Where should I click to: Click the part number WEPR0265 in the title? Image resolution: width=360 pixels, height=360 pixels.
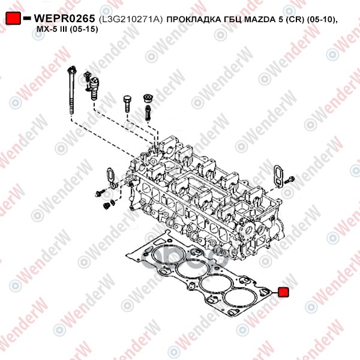click(x=64, y=19)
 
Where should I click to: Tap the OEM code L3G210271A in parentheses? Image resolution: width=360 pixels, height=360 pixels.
click(x=131, y=19)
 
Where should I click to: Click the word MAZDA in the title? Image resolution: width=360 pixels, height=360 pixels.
click(x=259, y=19)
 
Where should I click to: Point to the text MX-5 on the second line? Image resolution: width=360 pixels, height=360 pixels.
click(x=44, y=29)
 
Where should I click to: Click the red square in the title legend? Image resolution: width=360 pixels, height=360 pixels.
click(x=13, y=18)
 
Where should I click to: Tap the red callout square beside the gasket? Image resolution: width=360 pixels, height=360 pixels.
click(x=283, y=292)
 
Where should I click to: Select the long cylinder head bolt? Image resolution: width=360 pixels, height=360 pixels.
click(x=71, y=90)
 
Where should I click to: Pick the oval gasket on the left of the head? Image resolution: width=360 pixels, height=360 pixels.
click(x=110, y=178)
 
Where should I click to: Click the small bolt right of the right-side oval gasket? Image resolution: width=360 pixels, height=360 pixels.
click(x=290, y=180)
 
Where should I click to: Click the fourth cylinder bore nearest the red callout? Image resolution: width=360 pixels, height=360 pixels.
click(x=241, y=299)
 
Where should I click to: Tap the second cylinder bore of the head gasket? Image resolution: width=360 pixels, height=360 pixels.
click(x=193, y=270)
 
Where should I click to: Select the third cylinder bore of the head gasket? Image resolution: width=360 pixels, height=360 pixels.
click(x=217, y=284)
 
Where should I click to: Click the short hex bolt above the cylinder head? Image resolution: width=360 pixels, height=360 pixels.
click(x=127, y=103)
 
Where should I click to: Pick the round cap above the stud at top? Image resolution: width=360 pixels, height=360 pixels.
click(x=148, y=98)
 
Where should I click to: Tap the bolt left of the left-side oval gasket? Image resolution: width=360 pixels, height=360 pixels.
click(x=100, y=193)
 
